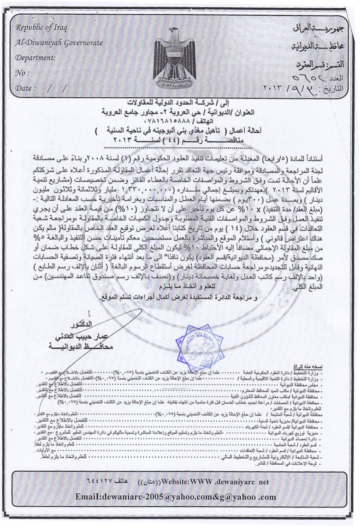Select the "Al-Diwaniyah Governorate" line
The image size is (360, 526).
click(59, 43)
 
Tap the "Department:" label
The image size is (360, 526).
click(35, 58)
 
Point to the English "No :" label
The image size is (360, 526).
click(22, 73)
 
